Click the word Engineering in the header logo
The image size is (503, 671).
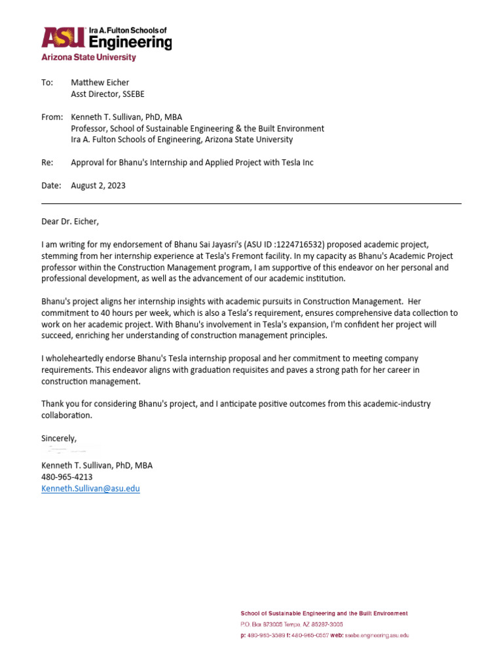point(130,43)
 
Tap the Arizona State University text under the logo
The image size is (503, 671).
point(88,58)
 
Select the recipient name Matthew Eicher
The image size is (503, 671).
point(100,83)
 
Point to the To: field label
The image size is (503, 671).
point(47,83)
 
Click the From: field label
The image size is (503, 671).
point(51,117)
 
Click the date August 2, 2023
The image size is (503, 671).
point(98,185)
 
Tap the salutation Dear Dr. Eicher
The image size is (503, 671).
point(69,221)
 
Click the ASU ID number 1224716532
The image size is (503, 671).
point(289,244)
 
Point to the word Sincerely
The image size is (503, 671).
point(59,438)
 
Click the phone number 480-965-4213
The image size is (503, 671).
point(66,477)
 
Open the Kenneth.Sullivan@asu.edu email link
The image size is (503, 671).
point(90,489)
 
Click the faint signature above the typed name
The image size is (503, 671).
point(69,451)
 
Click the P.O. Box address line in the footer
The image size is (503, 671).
point(291,624)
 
